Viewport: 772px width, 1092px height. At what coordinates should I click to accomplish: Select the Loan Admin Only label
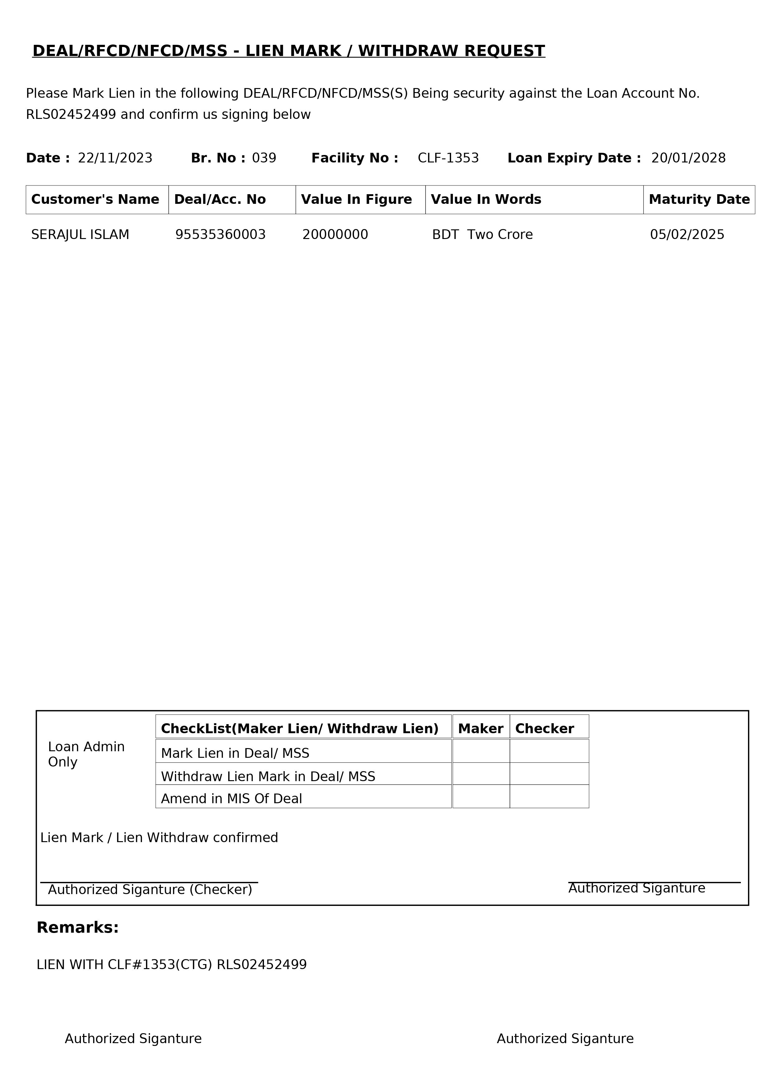[86, 754]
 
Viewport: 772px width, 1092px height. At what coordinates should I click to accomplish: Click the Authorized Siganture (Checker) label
[150, 889]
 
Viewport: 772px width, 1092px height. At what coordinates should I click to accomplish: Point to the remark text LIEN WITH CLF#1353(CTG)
[124, 964]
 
